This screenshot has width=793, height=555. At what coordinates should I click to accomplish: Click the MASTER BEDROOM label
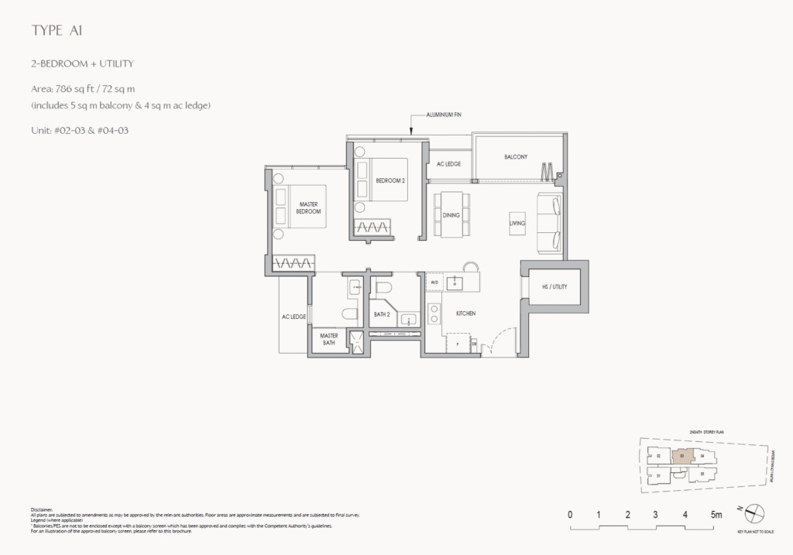point(309,207)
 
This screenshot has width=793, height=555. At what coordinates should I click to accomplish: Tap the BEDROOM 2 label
point(390,180)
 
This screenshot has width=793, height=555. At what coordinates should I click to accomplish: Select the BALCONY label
point(516,157)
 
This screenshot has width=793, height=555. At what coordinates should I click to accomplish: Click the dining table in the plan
point(451,214)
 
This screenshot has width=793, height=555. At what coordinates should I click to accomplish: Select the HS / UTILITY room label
point(554,286)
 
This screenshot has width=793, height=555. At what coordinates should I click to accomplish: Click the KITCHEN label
point(465,313)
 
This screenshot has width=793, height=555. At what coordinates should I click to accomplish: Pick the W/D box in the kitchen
point(434,283)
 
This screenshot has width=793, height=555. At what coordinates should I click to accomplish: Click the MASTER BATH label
point(328,338)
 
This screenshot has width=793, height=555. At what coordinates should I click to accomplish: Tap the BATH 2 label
point(381,314)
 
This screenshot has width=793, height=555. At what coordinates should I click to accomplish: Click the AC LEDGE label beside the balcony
point(448,164)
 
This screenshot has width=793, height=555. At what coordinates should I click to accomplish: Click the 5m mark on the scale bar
point(716,514)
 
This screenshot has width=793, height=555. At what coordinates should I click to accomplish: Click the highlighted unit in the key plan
point(681,456)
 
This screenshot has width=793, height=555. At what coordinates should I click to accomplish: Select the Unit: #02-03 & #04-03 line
point(79,130)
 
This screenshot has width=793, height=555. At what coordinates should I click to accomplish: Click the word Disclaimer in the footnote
point(43,510)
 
